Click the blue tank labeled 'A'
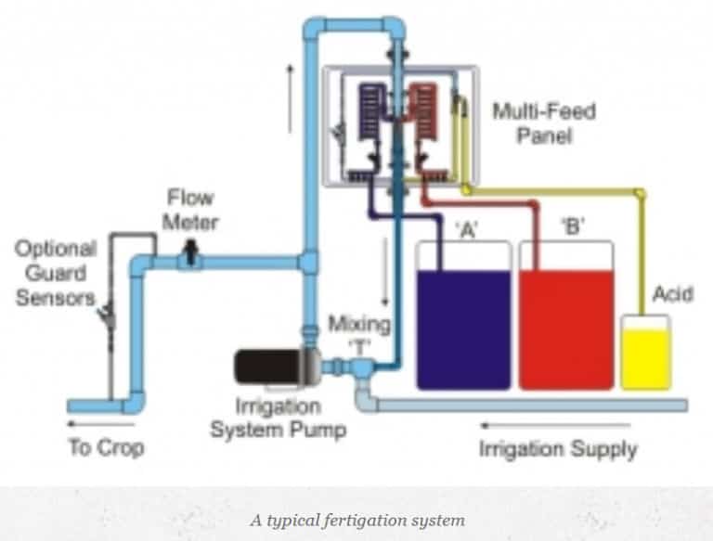(x=463, y=327)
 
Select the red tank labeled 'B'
(x=565, y=327)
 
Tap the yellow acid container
(x=645, y=357)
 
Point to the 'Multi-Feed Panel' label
(x=543, y=123)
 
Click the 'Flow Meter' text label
(x=192, y=210)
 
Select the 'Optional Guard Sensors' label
(x=55, y=273)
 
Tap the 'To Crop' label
(x=106, y=448)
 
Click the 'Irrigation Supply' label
(x=558, y=450)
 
